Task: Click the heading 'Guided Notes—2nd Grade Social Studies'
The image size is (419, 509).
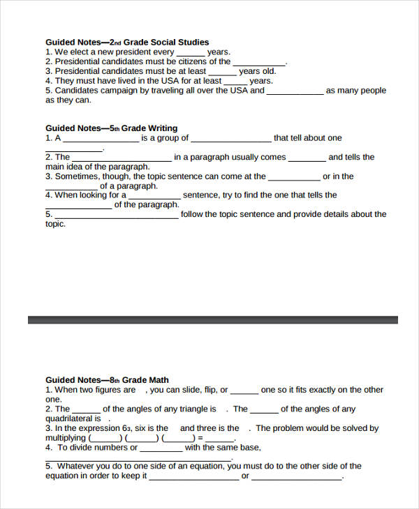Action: click(127, 42)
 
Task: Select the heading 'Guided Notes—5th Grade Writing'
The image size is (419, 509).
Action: click(112, 128)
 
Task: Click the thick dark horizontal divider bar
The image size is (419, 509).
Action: click(212, 319)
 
